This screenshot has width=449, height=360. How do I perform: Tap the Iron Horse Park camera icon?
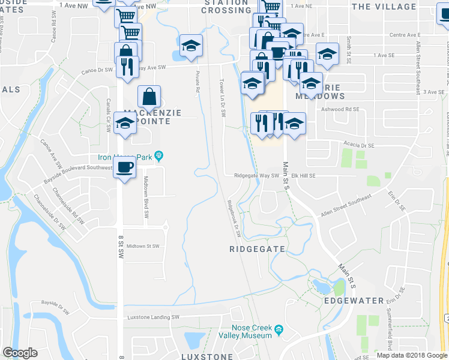[159, 157]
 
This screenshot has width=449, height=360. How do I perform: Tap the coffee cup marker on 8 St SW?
[125, 167]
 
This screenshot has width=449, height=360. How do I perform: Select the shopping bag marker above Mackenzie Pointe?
[149, 96]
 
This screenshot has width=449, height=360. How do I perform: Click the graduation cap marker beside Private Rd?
[191, 45]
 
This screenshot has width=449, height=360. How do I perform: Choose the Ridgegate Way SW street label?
[258, 176]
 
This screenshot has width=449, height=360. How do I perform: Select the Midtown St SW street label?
[143, 246]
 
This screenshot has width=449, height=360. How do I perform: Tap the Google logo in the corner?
[20, 353]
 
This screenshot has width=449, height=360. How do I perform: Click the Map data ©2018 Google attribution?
[411, 355]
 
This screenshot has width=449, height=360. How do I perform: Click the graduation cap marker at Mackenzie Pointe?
[125, 124]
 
